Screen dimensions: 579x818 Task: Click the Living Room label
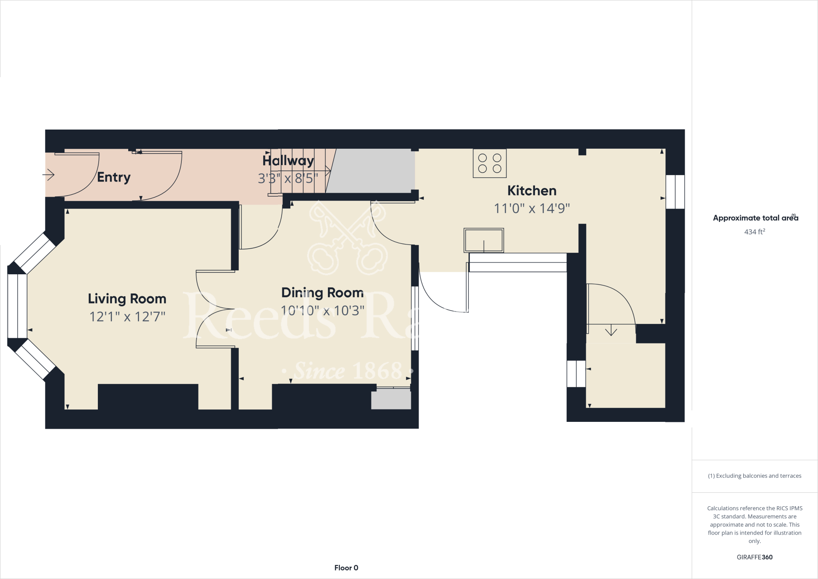point(127,299)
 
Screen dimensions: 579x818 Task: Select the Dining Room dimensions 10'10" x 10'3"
point(322,310)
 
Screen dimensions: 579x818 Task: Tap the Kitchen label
point(532,191)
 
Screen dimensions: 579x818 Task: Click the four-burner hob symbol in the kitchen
point(490,163)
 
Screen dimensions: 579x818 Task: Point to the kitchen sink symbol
point(483,240)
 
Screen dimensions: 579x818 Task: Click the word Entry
point(114,177)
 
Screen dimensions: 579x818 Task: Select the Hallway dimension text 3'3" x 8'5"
point(288,178)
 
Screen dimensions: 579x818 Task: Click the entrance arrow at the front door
point(49,175)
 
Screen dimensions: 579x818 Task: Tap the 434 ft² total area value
point(754,232)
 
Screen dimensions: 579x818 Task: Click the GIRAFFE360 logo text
point(754,557)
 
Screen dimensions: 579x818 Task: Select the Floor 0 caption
point(346,568)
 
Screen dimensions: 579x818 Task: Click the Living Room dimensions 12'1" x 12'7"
point(127,317)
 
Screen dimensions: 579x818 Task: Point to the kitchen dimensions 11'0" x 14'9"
point(532,208)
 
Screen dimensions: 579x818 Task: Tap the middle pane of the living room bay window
point(17,306)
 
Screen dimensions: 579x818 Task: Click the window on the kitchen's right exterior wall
point(675,192)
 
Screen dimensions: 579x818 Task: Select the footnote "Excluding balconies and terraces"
point(754,476)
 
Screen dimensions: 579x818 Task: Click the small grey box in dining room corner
point(391,400)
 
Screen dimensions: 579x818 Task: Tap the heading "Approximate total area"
point(754,218)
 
